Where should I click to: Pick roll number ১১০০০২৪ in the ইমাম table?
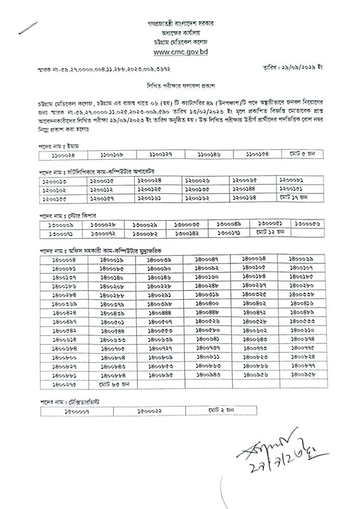pyautogui.click(x=63, y=155)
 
